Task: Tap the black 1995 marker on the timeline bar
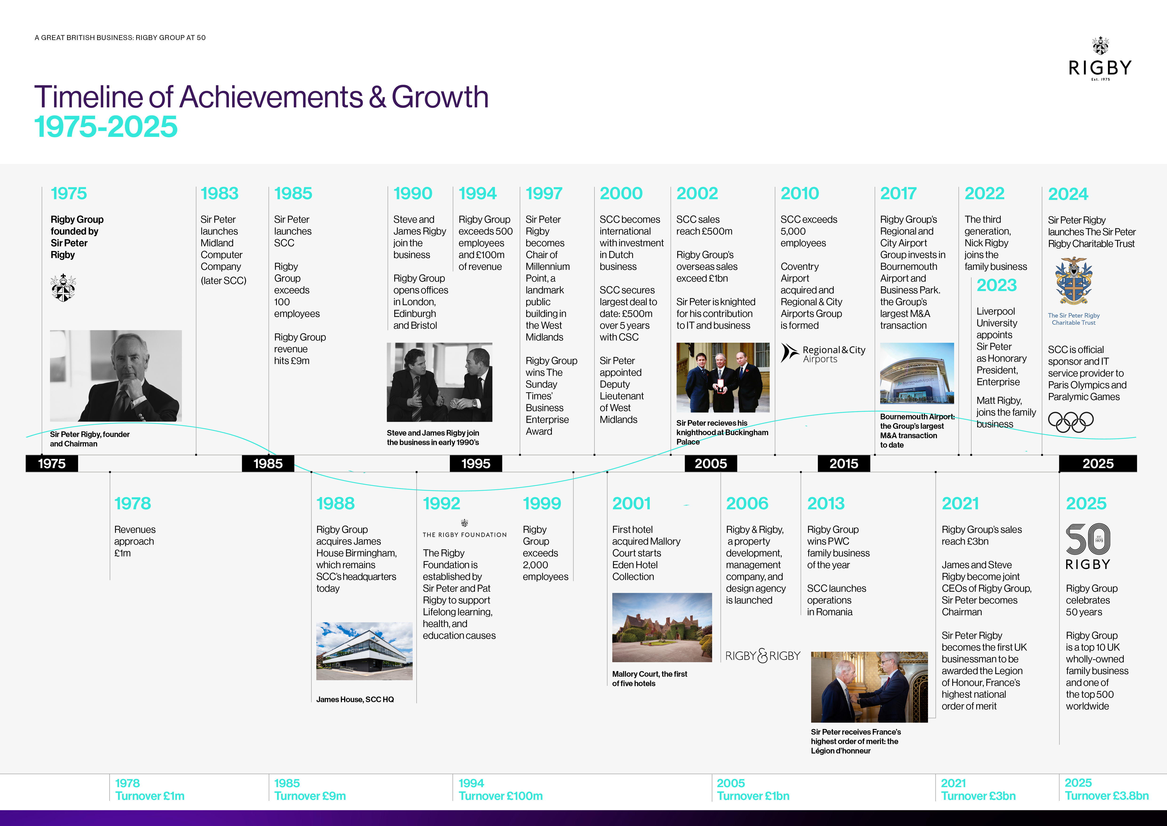(476, 463)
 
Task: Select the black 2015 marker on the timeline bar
(844, 463)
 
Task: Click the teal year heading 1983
(219, 193)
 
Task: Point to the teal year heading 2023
(996, 285)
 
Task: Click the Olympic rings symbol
(1071, 422)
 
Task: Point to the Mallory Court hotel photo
(662, 627)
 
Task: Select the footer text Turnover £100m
(501, 796)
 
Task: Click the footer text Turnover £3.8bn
(1107, 796)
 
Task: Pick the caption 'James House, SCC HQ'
(355, 699)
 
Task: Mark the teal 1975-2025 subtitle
(106, 127)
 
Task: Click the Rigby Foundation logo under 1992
(465, 529)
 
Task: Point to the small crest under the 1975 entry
(64, 288)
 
